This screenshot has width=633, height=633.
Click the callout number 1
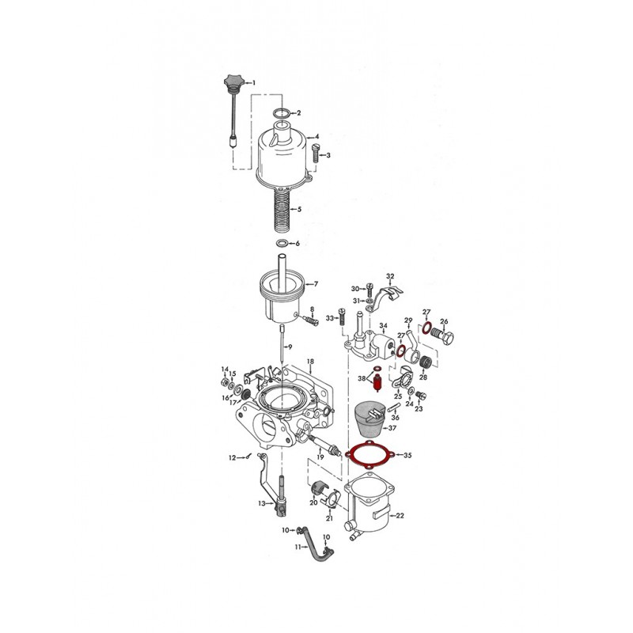click(x=255, y=82)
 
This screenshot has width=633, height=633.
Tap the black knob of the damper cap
click(x=232, y=82)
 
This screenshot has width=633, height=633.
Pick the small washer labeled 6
click(x=282, y=243)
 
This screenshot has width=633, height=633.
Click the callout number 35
click(x=408, y=456)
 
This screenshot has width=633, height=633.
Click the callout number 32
click(x=389, y=276)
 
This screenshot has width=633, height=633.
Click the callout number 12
click(x=232, y=457)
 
